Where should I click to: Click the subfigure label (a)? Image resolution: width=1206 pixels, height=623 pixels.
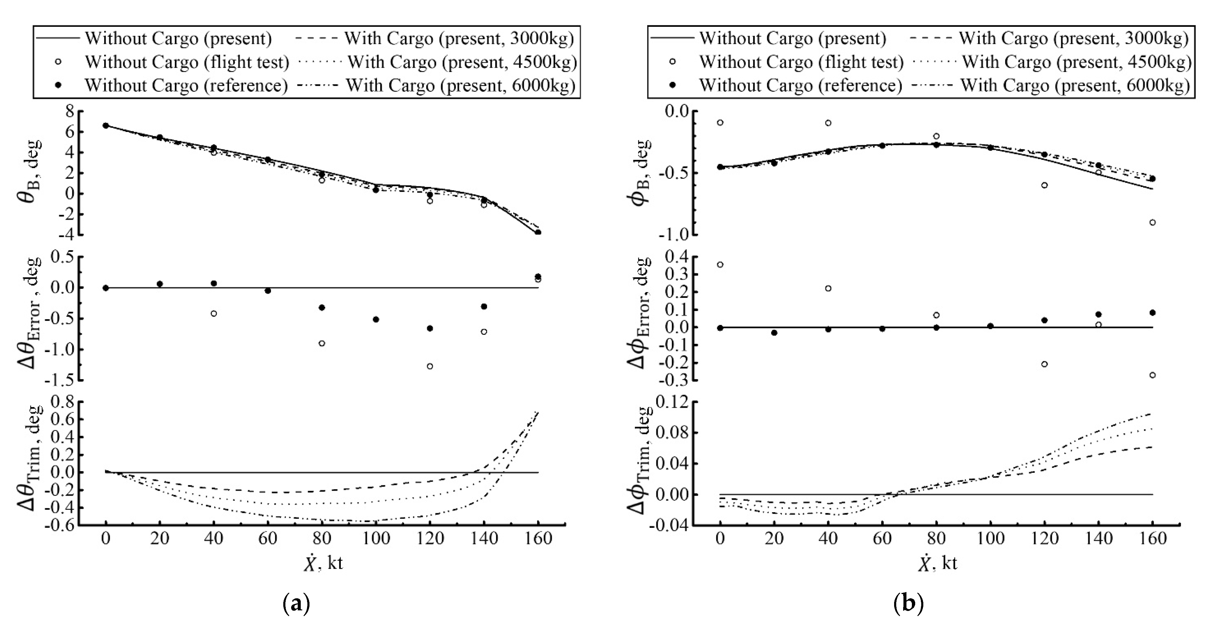296,604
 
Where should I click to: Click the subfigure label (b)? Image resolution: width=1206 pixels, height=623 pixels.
908,604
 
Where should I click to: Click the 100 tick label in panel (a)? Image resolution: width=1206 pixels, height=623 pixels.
376,539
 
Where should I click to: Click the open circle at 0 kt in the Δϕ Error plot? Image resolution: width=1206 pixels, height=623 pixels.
720,265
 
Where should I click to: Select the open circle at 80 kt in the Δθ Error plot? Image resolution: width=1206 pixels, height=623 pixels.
322,343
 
